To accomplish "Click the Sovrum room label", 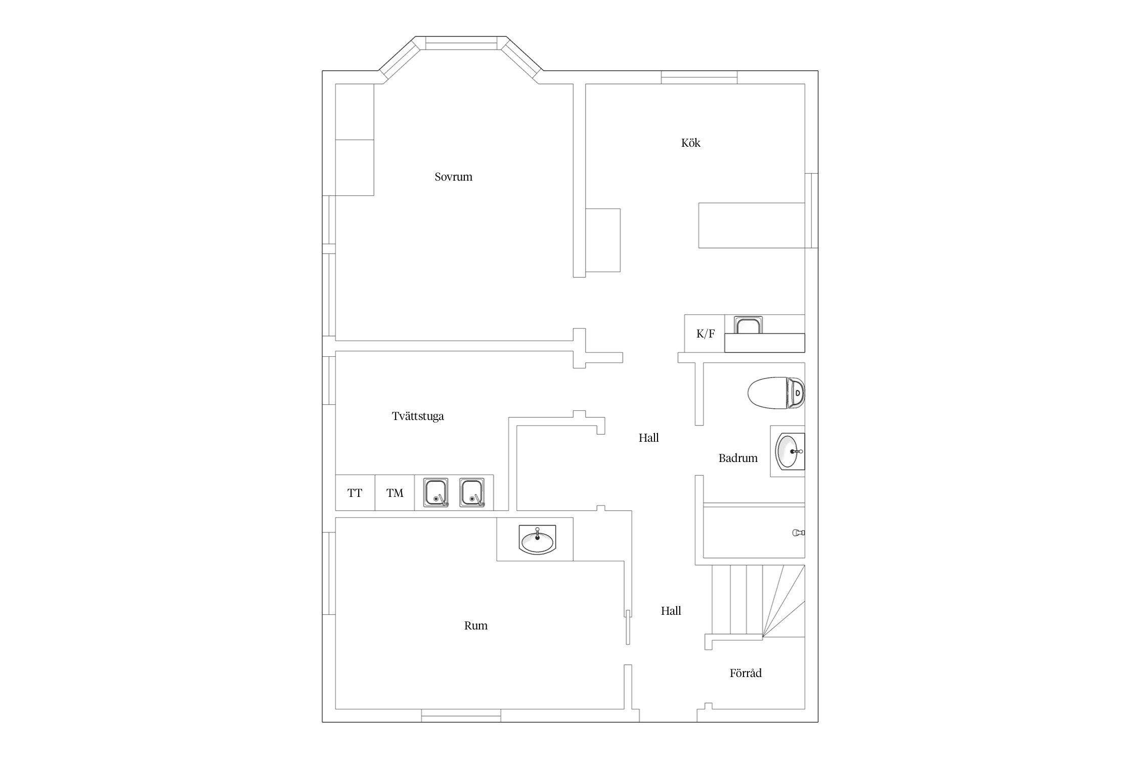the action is coord(453,177).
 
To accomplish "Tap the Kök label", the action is coord(690,143).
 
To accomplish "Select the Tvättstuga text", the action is coord(418,416).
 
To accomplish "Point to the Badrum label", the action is coord(738,458).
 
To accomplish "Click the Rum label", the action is coord(476,626).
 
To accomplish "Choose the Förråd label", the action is coord(746,673).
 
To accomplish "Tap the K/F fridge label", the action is coord(706,333).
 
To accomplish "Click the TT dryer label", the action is coord(355,493).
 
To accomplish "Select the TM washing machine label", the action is coord(395,493).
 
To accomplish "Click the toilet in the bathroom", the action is coord(776,393).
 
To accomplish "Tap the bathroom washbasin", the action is coord(790,451).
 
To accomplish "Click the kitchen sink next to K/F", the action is coord(749,325).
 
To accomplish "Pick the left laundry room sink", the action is coord(435,492).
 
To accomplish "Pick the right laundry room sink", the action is coord(472,492).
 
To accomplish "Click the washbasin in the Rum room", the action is coord(537,539).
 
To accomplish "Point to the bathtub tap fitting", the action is coord(799,532).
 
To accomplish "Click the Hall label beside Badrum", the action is coord(648,438).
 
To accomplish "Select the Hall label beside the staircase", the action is coord(671,611).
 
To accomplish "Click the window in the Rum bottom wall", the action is coord(461,715).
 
